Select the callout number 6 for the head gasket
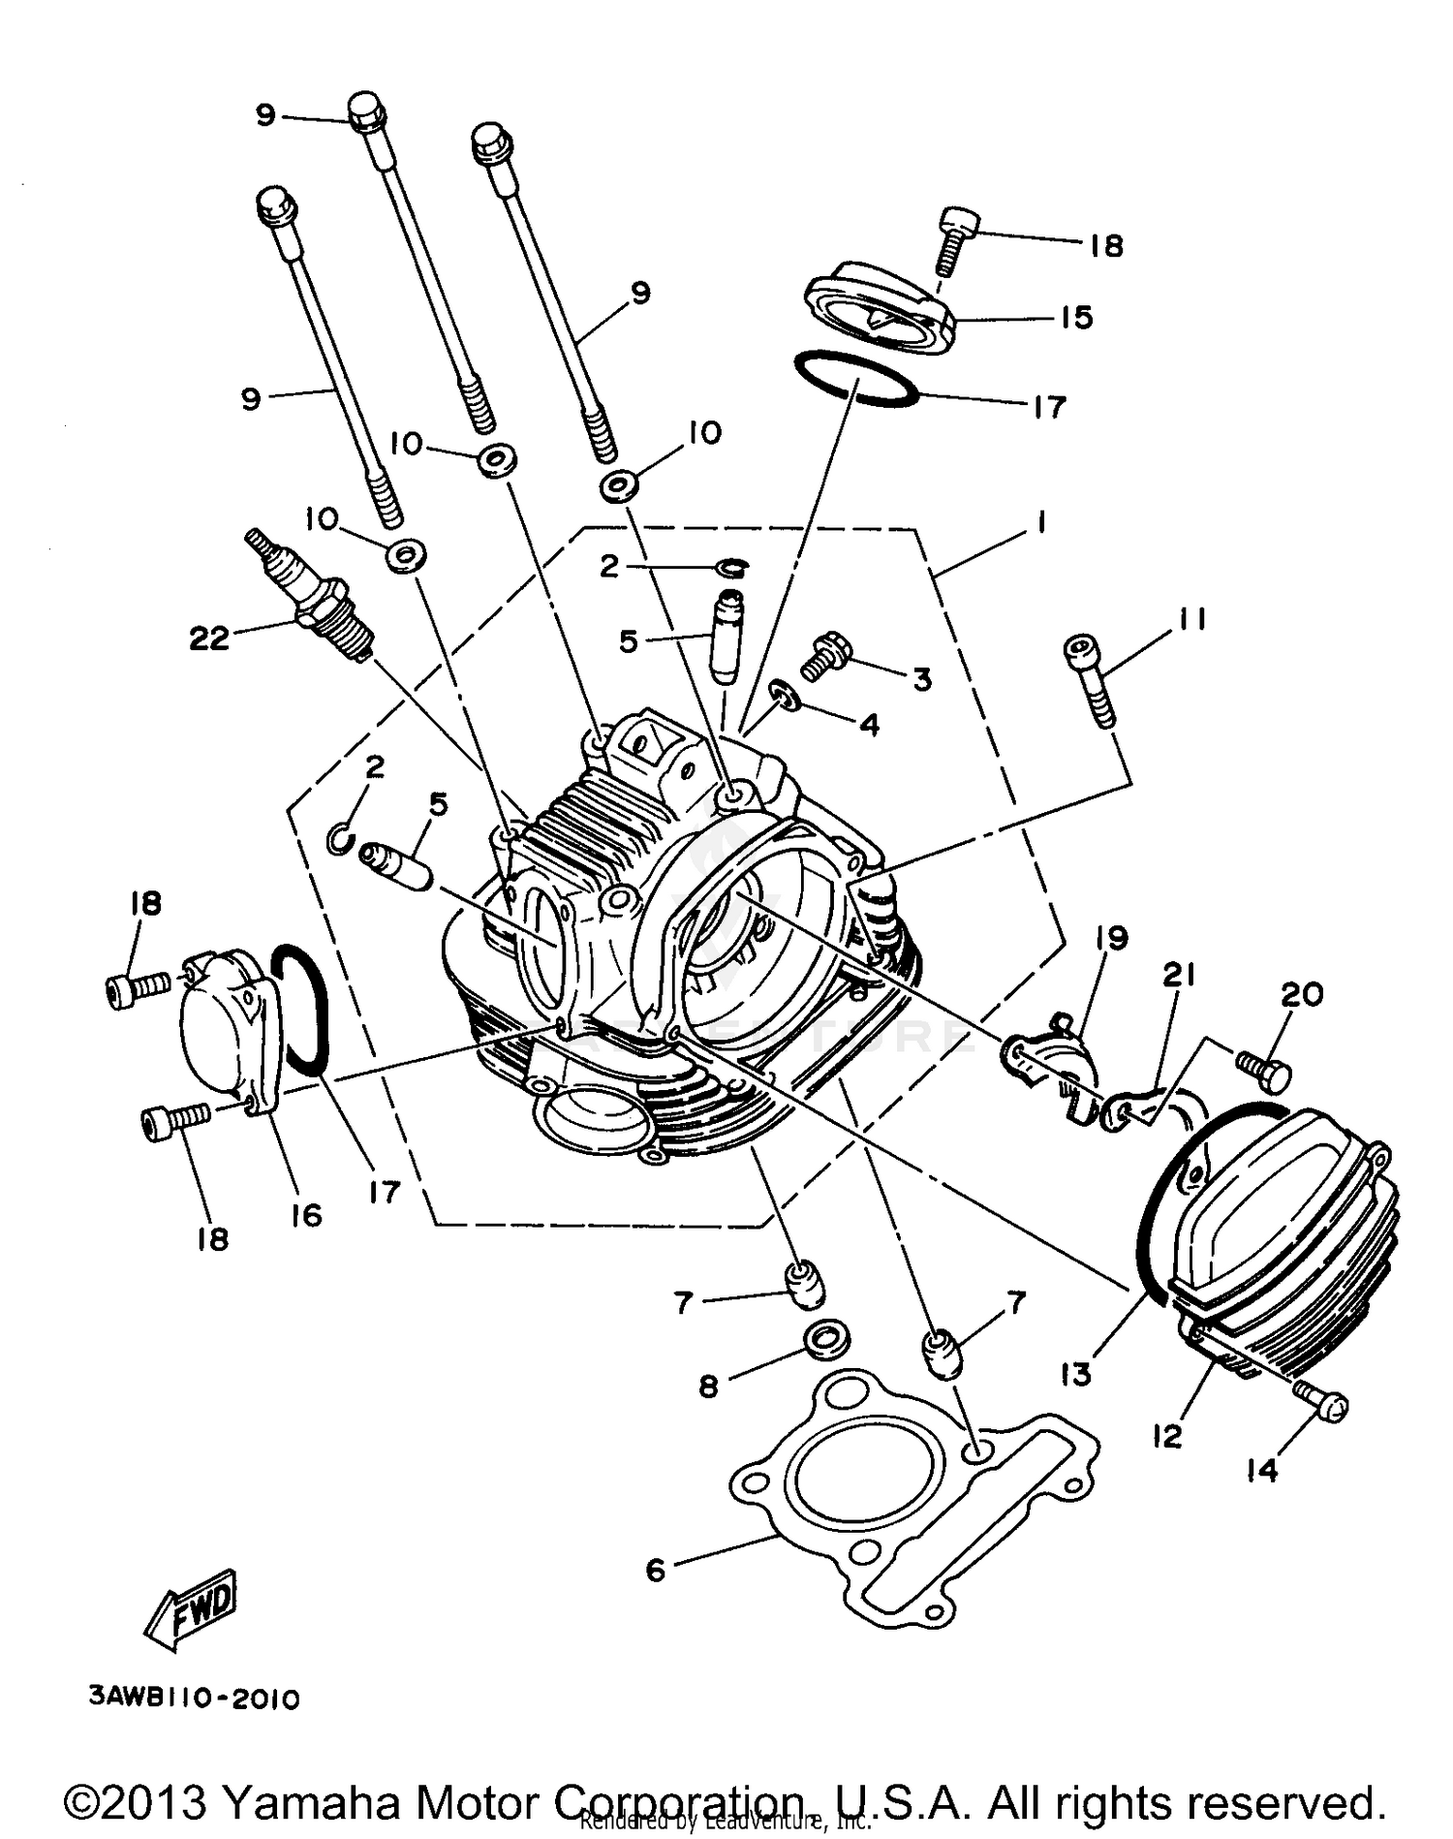[656, 1569]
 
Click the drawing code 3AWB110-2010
[194, 1699]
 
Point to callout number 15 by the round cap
[1076, 317]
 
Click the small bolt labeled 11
[1089, 678]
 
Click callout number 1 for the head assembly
[1040, 523]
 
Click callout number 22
[209, 639]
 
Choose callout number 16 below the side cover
[306, 1214]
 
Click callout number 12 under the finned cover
[1167, 1437]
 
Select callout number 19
[1112, 937]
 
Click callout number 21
[1179, 976]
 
